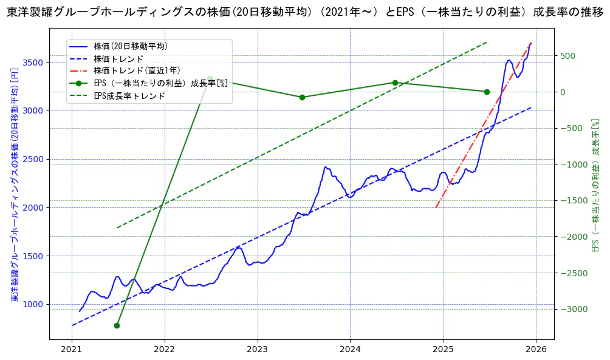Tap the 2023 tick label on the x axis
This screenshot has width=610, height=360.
(257, 350)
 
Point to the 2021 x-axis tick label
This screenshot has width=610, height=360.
(72, 350)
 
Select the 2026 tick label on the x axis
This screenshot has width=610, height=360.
(536, 350)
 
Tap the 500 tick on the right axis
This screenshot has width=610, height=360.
(567, 56)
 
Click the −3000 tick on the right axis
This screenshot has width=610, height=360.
(571, 309)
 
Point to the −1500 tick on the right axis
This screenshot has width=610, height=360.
(571, 200)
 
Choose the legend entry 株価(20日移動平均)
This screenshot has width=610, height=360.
(131, 46)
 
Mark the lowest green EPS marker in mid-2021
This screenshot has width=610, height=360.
(117, 325)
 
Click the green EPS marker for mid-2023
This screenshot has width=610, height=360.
(302, 97)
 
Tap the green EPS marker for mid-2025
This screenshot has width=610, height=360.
(487, 92)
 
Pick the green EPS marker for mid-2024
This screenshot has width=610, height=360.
(395, 83)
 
